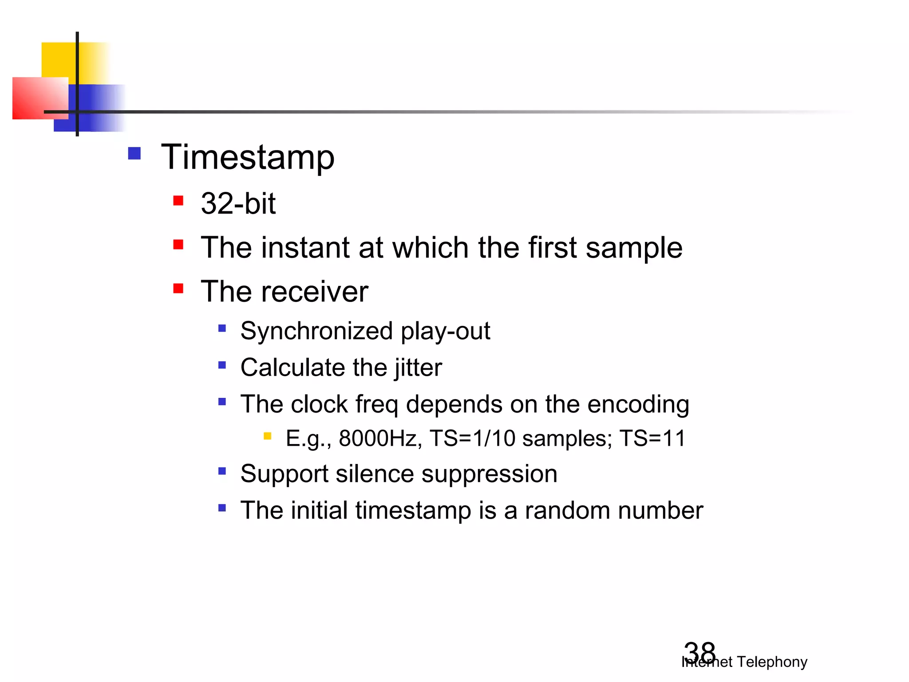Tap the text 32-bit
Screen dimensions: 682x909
point(238,203)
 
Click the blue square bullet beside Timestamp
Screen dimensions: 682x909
point(134,154)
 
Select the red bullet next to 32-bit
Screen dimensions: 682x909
point(178,201)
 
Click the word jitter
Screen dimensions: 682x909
point(418,368)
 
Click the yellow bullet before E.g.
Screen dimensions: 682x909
point(267,436)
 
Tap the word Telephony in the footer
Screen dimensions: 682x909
point(772,662)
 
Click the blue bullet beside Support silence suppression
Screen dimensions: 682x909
point(222,471)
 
